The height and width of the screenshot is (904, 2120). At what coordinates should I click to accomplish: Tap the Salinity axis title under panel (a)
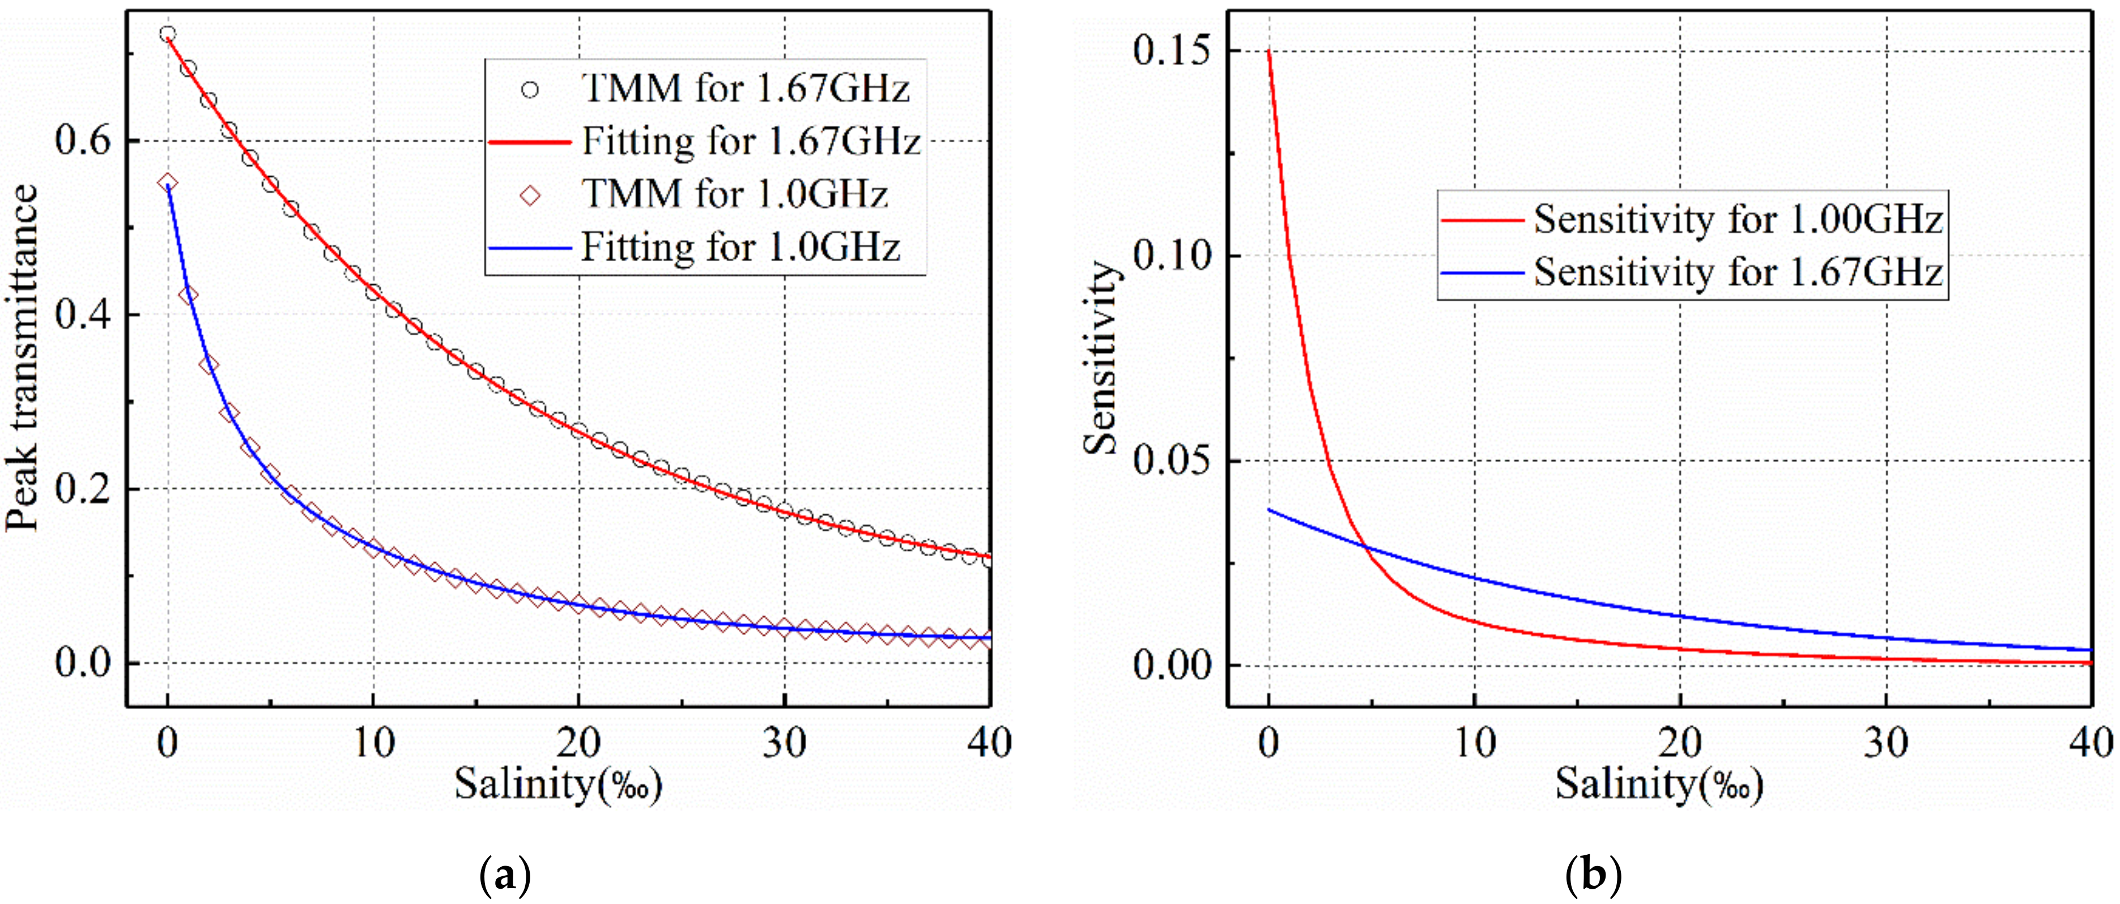(x=558, y=783)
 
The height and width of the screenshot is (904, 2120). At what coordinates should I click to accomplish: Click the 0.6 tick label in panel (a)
(x=82, y=140)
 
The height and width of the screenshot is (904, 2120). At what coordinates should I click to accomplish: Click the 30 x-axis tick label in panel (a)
(x=784, y=744)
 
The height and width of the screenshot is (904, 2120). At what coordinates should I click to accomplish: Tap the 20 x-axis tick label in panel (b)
(x=1680, y=744)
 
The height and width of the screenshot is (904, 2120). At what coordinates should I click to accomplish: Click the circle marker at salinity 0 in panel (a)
(x=168, y=34)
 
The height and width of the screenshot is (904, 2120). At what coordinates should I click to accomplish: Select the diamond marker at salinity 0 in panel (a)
(x=168, y=182)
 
